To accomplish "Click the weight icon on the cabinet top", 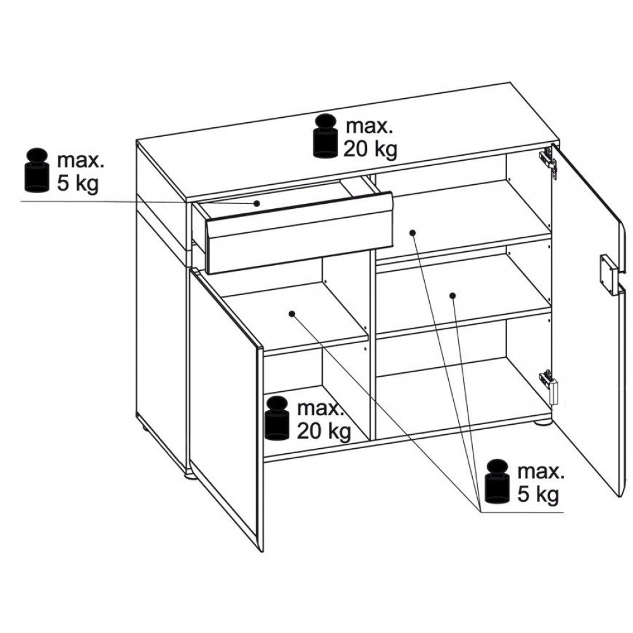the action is [326, 135].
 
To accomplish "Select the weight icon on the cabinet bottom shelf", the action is [277, 418].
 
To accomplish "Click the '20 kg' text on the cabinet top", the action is [370, 149].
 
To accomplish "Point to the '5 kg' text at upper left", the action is [78, 184].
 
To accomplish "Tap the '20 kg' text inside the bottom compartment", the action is [323, 432].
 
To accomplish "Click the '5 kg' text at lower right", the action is [538, 495].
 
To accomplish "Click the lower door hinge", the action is [549, 385].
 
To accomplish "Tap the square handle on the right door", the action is [608, 272].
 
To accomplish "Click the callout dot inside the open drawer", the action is [256, 203].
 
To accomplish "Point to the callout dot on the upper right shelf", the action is [412, 232].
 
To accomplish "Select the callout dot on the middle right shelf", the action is [453, 296].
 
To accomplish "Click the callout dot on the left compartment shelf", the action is [292, 313].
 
